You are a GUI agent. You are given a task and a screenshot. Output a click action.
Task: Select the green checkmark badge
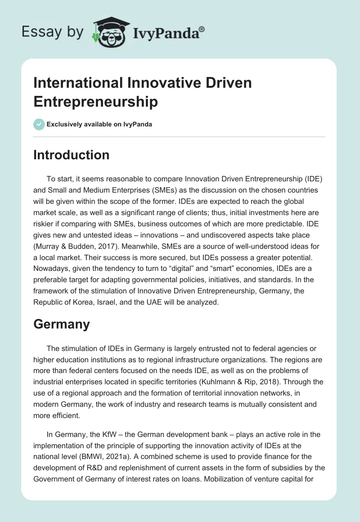click(39, 125)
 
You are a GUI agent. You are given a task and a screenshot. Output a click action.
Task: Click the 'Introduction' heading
click(72, 155)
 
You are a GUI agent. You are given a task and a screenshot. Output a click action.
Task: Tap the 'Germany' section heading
click(62, 324)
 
